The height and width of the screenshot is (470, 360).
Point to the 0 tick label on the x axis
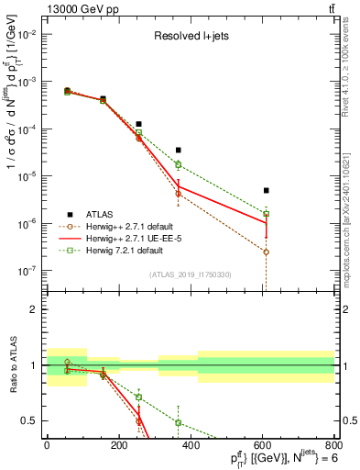[x=47, y=446]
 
